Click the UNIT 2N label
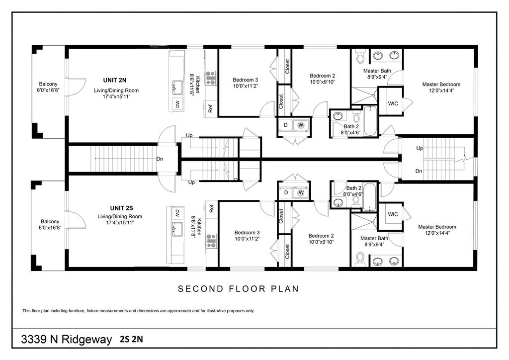[115, 80]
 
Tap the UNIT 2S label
[121, 208]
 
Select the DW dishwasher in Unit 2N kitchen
[177, 104]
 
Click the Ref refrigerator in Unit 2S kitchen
[211, 208]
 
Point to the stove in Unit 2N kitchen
[211, 78]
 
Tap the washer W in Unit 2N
[301, 125]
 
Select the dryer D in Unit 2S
[286, 193]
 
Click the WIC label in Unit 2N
[393, 103]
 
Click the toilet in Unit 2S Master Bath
[360, 259]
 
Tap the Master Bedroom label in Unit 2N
[441, 85]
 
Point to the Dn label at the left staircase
[160, 159]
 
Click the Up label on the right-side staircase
[420, 148]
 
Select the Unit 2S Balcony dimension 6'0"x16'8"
[50, 228]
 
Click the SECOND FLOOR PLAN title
[238, 288]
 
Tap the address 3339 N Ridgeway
[67, 340]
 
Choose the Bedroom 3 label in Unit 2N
[246, 80]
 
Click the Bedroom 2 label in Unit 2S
[321, 236]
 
